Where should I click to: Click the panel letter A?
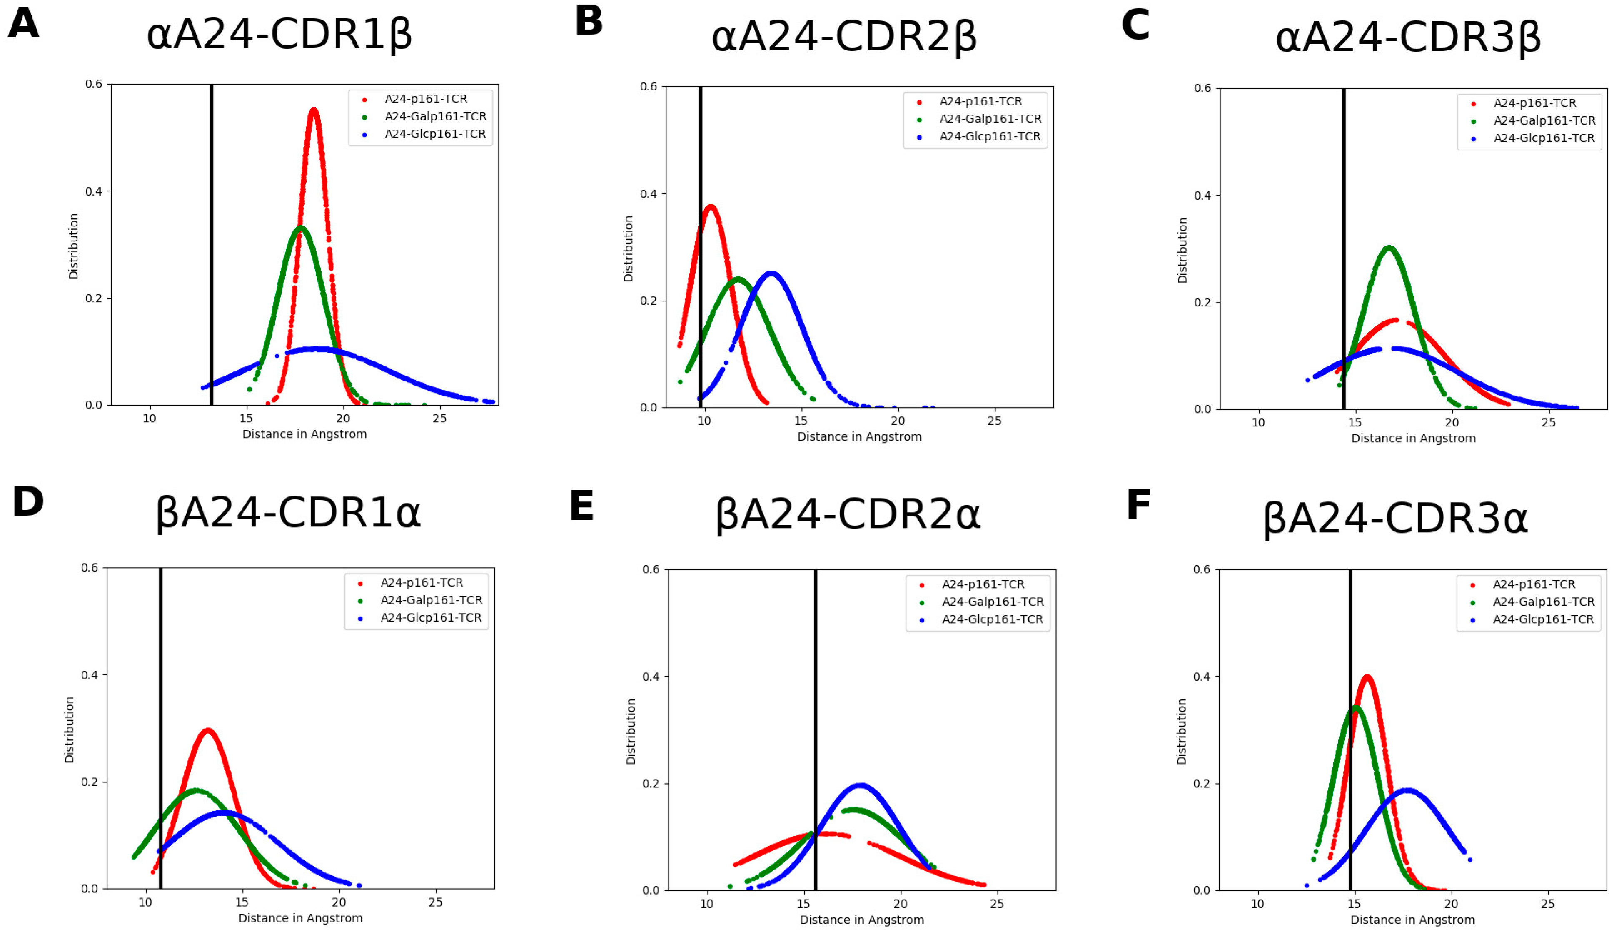click(x=24, y=24)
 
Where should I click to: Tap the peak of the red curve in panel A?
click(x=313, y=110)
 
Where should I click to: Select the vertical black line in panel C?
click(x=1343, y=256)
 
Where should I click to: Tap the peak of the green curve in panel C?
click(x=1389, y=247)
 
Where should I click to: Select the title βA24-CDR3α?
click(x=1395, y=519)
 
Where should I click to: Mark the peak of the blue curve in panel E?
click(x=860, y=785)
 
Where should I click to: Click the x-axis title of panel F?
click(x=1412, y=920)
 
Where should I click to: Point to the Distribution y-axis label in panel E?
click(x=631, y=731)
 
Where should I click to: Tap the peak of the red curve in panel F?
click(x=1367, y=676)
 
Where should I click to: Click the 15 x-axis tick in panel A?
click(x=246, y=419)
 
